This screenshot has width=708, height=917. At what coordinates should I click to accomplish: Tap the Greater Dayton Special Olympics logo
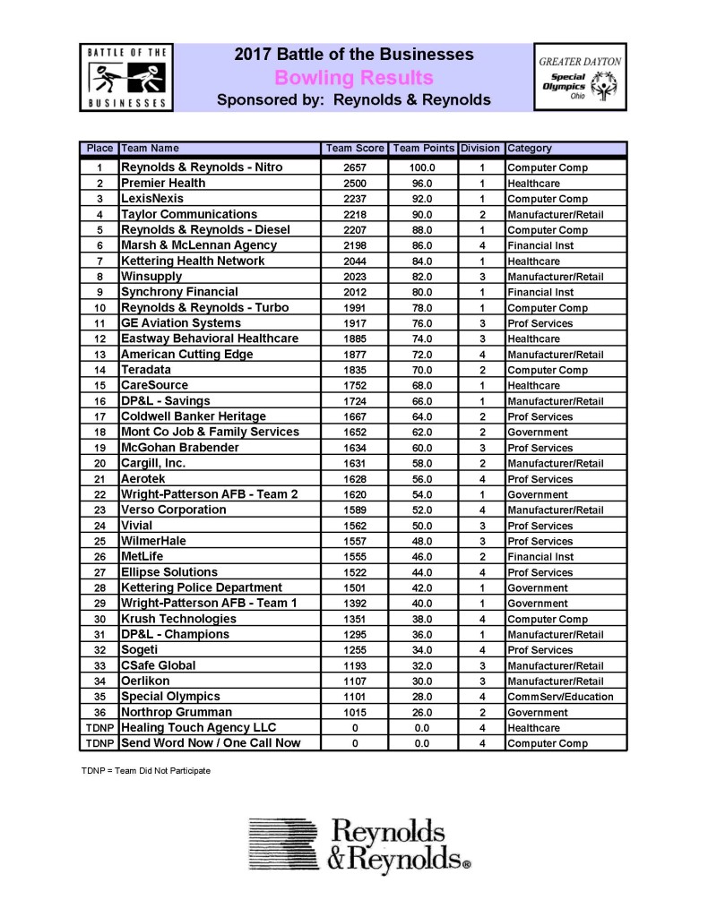pos(579,78)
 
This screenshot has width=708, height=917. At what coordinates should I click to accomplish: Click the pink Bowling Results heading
pos(354,78)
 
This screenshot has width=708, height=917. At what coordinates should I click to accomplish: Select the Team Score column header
pos(354,149)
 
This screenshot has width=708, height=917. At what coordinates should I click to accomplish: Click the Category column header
pos(531,149)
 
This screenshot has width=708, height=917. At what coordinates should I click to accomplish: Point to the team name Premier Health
pos(163,183)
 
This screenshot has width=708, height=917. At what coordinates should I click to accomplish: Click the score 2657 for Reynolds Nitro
pos(354,167)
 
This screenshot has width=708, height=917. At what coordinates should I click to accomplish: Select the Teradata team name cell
pos(146,370)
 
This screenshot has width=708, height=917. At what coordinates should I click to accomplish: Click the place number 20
pos(100,464)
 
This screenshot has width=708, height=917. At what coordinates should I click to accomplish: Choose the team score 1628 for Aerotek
pos(354,479)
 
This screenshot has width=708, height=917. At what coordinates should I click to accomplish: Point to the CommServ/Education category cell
pos(560,697)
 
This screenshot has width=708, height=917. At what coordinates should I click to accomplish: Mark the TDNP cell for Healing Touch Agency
pos(100,728)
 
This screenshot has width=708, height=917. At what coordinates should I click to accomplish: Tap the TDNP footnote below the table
pos(145,771)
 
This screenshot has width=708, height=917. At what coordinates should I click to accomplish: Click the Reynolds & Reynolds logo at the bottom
pos(358,844)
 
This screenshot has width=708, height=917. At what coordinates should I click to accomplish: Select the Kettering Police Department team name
pos(202,587)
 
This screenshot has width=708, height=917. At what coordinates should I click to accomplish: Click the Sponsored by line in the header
pos(354,100)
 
